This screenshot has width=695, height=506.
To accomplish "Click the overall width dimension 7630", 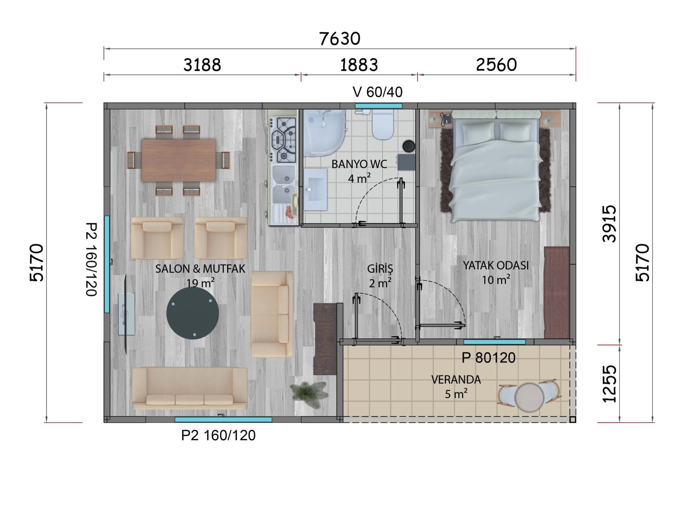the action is coord(340,39).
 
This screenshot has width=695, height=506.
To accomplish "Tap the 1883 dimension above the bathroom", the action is coord(359,65).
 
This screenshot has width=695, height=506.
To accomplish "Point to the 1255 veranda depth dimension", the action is coord(610,384).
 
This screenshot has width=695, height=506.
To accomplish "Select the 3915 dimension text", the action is coord(610,224).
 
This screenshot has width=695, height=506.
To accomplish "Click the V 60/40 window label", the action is coord(378,92).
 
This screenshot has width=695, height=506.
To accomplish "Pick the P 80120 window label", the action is coord(488,358).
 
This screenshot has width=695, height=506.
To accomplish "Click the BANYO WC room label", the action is coord(359,164).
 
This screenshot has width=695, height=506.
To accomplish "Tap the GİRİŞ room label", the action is coord(380,268).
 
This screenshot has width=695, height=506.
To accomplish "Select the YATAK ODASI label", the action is coord(496,265).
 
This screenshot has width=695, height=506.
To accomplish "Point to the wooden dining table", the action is coord(179,160).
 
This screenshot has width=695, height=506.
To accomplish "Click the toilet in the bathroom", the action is coord(383,125).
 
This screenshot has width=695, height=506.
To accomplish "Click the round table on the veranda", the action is coord(529,397).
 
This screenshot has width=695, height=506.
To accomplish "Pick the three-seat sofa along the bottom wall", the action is coord(190,388).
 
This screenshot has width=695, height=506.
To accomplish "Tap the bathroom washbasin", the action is coord(315,189).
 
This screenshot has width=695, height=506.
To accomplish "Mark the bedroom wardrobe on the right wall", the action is coord(557,292).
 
